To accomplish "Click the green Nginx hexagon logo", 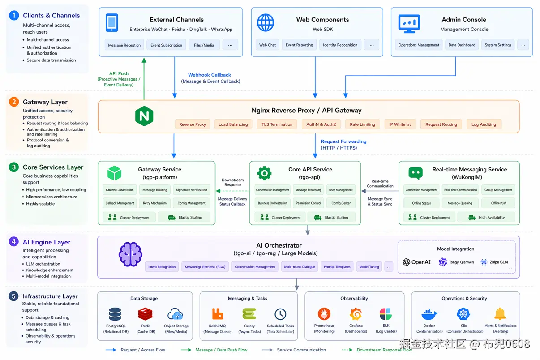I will click(x=144, y=116).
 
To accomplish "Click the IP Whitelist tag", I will click(x=399, y=124).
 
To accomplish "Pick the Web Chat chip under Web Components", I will click(x=268, y=45).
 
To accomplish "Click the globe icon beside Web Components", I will click(x=266, y=22).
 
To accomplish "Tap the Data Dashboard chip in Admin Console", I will click(x=462, y=45).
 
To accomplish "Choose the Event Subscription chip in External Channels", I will click(x=166, y=45).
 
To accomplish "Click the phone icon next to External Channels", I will click(x=112, y=23).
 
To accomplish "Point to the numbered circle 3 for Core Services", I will click(x=14, y=167).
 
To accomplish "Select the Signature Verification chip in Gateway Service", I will click(x=191, y=190).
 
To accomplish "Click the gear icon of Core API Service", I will click(x=264, y=173).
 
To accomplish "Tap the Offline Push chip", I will click(x=498, y=203).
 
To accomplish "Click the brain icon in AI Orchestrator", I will click(x=130, y=254).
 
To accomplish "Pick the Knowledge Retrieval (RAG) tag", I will click(x=205, y=266).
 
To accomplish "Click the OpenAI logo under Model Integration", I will click(x=417, y=262).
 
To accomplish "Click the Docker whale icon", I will click(x=429, y=314).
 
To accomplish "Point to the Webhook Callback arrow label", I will click(x=210, y=75).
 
